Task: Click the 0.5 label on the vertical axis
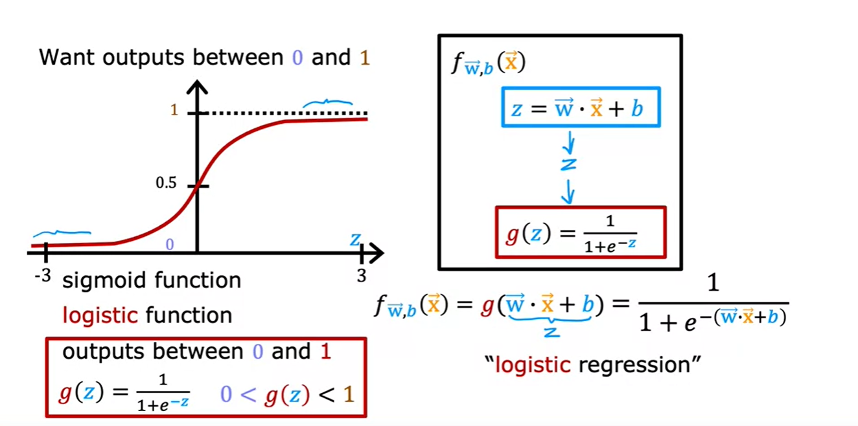tap(166, 183)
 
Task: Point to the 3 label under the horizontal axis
tap(361, 276)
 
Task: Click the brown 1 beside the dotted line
tap(174, 111)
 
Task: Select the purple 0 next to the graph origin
tap(170, 245)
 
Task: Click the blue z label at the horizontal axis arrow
tap(355, 240)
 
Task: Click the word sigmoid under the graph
tap(97, 280)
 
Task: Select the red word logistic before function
tap(100, 315)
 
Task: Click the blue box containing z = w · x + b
tap(581, 107)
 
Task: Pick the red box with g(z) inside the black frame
tap(581, 232)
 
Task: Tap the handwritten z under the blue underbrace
tap(551, 332)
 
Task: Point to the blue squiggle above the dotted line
tap(328, 102)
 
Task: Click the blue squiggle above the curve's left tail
tap(62, 233)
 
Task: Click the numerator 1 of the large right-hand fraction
tap(713, 284)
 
